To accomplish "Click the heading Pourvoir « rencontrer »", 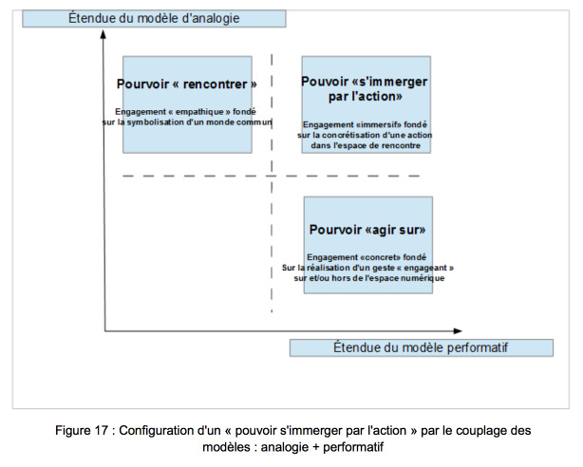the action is (x=187, y=84).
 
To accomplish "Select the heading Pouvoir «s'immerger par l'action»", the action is (x=365, y=89).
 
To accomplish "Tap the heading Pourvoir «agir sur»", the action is (x=367, y=230).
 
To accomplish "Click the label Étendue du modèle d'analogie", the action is (x=154, y=18).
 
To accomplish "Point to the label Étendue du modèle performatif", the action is (x=421, y=347).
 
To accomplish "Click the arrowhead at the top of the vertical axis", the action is (x=103, y=34).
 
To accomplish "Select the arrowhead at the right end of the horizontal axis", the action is (x=458, y=330).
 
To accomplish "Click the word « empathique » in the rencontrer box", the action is (x=199, y=112).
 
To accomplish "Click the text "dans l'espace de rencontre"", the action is (x=366, y=145).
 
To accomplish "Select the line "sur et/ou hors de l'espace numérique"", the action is (x=368, y=278).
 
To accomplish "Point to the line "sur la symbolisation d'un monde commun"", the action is (x=187, y=121).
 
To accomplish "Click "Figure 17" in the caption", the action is (x=82, y=431).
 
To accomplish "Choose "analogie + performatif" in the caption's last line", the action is (x=322, y=446).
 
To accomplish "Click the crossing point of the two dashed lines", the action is (x=272, y=176).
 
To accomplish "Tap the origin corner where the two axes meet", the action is (x=105, y=330).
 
